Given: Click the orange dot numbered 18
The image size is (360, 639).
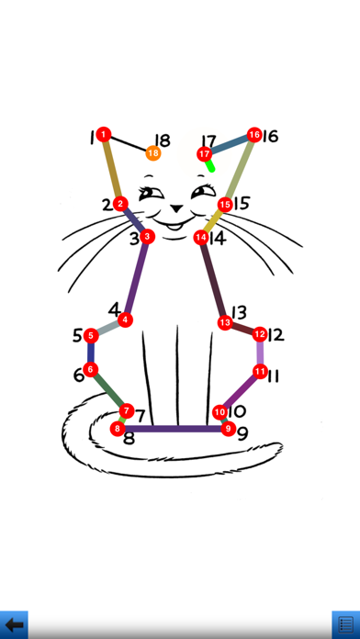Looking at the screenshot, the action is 153,153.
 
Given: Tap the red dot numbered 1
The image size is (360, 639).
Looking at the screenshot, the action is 104,134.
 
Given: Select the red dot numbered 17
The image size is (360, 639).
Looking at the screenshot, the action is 204,154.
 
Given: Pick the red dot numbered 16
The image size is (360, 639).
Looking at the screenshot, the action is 254,134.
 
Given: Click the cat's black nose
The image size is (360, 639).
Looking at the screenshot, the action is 176,208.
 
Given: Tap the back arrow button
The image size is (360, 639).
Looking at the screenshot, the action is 14,624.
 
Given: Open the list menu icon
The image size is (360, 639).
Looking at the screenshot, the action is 345,624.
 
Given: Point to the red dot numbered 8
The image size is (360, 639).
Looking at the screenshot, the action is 118,429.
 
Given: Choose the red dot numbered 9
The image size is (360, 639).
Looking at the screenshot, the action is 229,429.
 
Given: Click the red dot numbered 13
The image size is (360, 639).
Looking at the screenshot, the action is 225,323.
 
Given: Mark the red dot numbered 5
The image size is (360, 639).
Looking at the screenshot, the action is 91,336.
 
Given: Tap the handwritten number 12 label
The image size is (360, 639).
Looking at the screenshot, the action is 276,335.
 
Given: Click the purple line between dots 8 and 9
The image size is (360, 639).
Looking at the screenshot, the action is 173,429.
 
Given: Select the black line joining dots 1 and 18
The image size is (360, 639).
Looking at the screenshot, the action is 129,144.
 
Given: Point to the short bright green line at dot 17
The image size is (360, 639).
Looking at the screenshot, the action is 209,165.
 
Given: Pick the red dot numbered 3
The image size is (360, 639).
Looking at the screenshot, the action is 147,236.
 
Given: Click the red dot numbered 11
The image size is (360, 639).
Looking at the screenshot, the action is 260,371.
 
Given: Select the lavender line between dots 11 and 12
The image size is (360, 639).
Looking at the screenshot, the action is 260,353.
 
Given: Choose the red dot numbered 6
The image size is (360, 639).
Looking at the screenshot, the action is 91,369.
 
